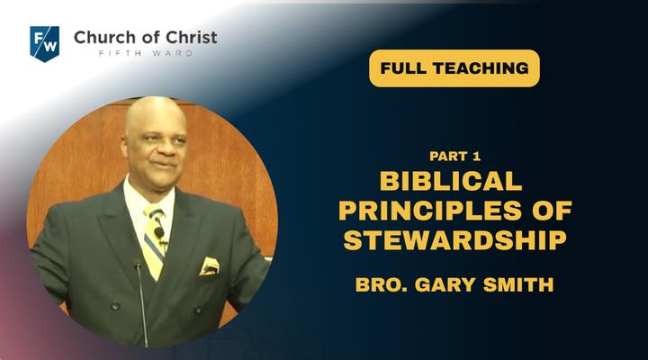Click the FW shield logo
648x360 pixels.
click(x=45, y=43)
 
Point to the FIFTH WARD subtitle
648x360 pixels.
click(x=146, y=53)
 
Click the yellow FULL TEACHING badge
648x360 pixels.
click(x=454, y=68)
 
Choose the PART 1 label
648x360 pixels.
click(x=455, y=157)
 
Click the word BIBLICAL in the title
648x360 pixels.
click(x=451, y=181)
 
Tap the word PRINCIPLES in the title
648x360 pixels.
click(x=430, y=211)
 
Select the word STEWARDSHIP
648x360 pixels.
click(x=455, y=240)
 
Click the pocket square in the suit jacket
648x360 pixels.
click(x=210, y=266)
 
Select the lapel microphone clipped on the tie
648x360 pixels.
click(x=159, y=232)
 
